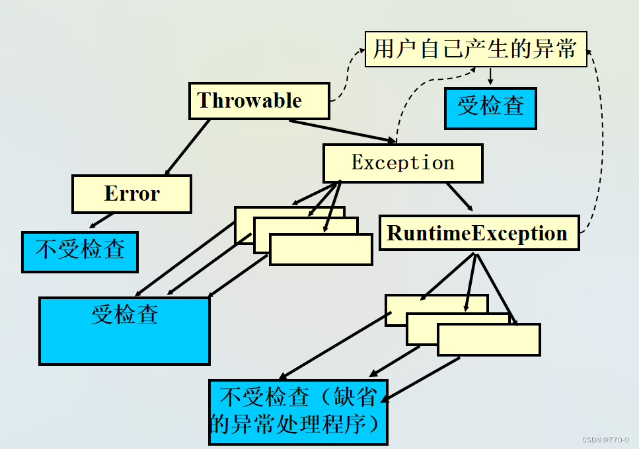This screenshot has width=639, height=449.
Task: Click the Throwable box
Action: click(x=258, y=101)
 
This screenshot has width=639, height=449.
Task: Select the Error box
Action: click(x=132, y=193)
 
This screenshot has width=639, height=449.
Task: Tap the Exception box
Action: click(x=402, y=163)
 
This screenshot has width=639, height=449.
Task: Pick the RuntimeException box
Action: click(x=478, y=233)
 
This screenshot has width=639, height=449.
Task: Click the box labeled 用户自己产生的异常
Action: click(x=475, y=49)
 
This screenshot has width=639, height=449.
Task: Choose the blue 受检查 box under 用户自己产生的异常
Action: click(x=490, y=106)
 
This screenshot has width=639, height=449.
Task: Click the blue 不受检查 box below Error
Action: click(x=79, y=251)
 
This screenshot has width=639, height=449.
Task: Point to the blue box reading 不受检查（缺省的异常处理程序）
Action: click(x=297, y=411)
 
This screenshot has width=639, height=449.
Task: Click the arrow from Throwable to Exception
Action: click(x=340, y=131)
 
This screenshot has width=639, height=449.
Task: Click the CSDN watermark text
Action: click(x=605, y=440)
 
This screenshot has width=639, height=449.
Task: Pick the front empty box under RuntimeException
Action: click(x=488, y=339)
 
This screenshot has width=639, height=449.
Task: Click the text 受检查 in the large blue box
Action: click(x=124, y=314)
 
